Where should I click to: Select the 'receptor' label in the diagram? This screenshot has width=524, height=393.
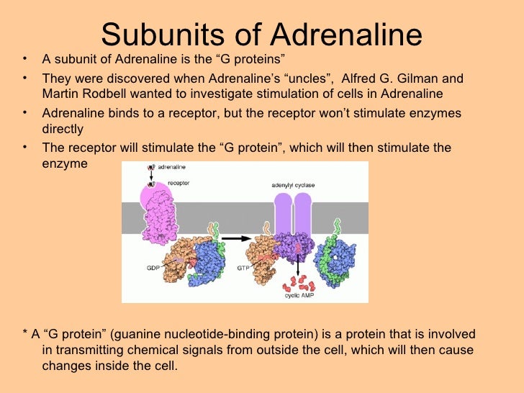click(179, 183)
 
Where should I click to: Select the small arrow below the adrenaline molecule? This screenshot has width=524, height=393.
click(152, 176)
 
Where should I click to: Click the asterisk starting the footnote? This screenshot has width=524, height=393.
click(25, 334)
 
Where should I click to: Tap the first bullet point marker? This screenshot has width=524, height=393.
click(25, 60)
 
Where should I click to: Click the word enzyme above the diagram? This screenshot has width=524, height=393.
click(64, 163)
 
